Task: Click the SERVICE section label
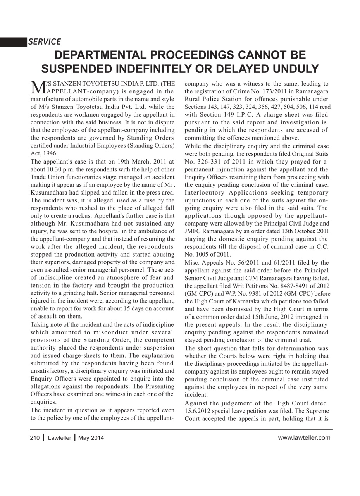(x=44, y=42)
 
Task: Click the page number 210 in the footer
(x=35, y=438)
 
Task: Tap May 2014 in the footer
(x=91, y=438)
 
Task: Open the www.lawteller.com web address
(x=304, y=438)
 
